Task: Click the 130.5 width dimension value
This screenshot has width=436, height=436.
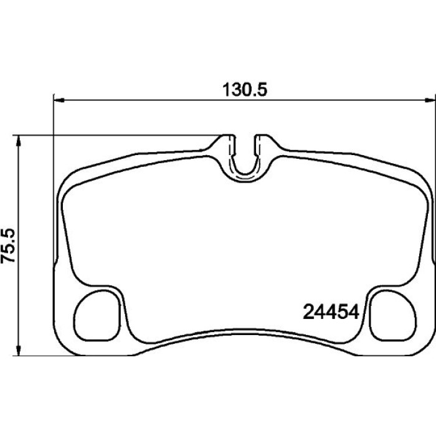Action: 245,90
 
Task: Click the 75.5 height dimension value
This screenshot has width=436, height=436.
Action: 7,245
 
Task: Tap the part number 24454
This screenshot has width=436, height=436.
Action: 331,312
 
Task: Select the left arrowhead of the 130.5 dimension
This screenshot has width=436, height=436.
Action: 59,100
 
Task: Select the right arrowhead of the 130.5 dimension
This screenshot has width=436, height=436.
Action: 430,100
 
